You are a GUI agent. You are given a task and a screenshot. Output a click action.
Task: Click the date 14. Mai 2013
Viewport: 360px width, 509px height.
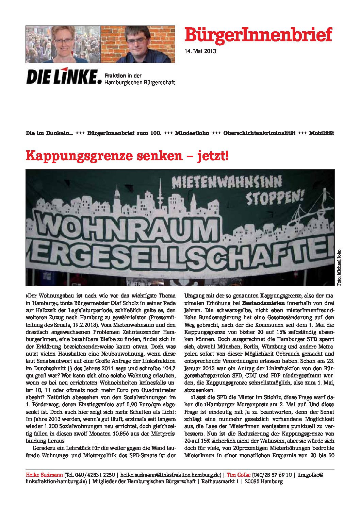(x=200, y=51)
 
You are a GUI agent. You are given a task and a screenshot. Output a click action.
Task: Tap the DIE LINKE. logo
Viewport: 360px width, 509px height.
(x=64, y=77)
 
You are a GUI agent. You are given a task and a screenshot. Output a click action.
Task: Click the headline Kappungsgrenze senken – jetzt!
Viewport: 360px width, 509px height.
(x=127, y=156)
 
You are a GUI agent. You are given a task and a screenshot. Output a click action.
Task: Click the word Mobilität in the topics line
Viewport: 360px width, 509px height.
(x=321, y=133)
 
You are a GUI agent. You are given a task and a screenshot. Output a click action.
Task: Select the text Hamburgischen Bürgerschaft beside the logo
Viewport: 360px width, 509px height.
(x=140, y=82)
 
